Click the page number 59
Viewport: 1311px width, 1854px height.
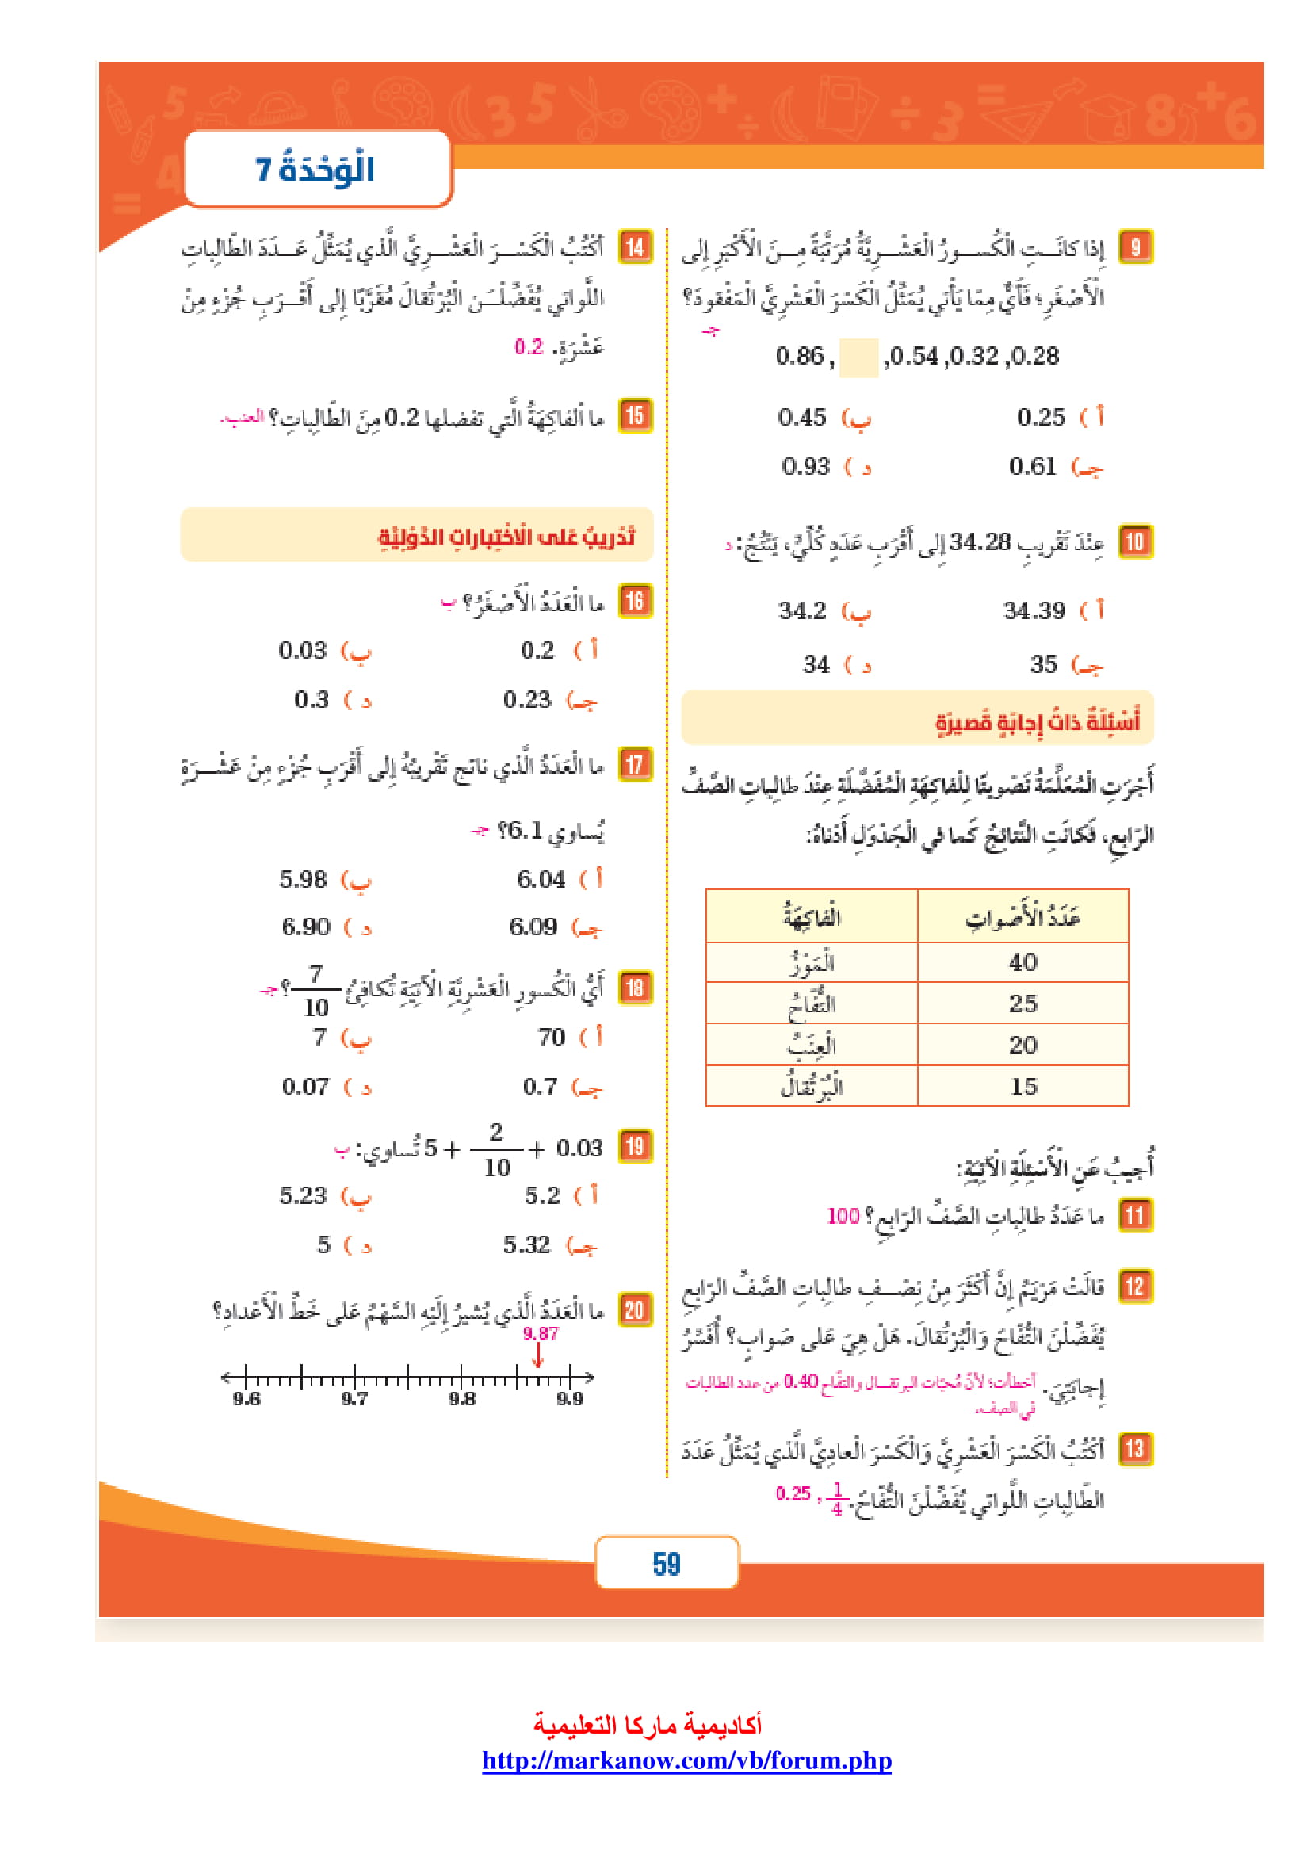pos(666,1564)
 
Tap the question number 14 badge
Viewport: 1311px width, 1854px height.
pos(636,247)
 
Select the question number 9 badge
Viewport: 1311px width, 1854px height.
pos(1135,247)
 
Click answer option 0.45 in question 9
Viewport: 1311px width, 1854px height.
pos(802,418)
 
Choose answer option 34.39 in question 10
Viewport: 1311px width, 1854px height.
pos(1034,610)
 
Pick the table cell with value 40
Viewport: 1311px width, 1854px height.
pos(1022,961)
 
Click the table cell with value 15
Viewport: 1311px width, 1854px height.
pos(1022,1086)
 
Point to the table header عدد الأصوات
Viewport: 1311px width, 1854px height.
pos(1022,917)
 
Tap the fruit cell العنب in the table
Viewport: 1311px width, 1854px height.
pos(812,1045)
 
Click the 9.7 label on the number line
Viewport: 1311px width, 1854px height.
pos(354,1398)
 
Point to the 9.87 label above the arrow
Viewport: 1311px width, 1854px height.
pos(540,1334)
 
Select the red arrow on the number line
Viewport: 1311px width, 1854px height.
pos(538,1355)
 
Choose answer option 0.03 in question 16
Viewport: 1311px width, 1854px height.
pos(303,650)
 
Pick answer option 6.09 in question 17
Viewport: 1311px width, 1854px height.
pos(533,926)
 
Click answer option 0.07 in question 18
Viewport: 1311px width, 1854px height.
pos(305,1087)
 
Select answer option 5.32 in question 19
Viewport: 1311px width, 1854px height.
pos(526,1244)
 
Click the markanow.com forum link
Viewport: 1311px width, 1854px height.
pos(687,1760)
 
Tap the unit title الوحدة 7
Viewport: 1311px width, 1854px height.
pos(315,170)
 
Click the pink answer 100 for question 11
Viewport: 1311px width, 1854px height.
pos(843,1215)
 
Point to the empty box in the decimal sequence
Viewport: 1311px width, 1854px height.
pos(859,357)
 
